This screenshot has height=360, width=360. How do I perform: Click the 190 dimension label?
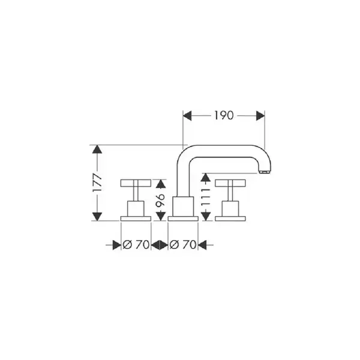tap(224, 115)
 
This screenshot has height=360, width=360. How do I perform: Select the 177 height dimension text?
tap(97, 183)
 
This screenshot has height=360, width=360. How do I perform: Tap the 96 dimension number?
tap(160, 200)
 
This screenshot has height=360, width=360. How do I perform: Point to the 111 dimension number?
tap(205, 197)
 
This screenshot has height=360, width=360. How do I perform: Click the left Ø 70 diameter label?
tap(136, 245)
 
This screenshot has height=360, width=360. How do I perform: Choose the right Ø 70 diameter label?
tap(183, 245)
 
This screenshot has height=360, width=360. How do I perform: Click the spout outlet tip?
tap(264, 172)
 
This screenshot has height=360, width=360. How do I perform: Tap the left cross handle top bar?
tap(136, 183)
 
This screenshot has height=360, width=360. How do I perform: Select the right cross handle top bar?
tap(230, 183)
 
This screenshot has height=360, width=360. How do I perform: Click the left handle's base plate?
tap(136, 218)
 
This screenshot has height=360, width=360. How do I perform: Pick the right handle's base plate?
tap(230, 218)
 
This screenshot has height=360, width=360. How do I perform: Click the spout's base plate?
tap(183, 218)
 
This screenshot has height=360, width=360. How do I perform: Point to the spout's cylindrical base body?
tap(183, 206)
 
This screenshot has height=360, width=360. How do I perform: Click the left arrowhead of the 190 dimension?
tap(187, 115)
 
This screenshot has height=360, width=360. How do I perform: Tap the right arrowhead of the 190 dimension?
tap(260, 115)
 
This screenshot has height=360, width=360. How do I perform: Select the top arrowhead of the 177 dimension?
tap(97, 149)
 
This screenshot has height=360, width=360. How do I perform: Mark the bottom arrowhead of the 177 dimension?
tap(97, 217)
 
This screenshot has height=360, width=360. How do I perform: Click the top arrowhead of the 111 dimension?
tap(205, 178)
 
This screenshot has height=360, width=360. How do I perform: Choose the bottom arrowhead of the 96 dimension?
tap(160, 216)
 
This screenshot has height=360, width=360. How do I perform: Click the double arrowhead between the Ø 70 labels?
tap(160, 245)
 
